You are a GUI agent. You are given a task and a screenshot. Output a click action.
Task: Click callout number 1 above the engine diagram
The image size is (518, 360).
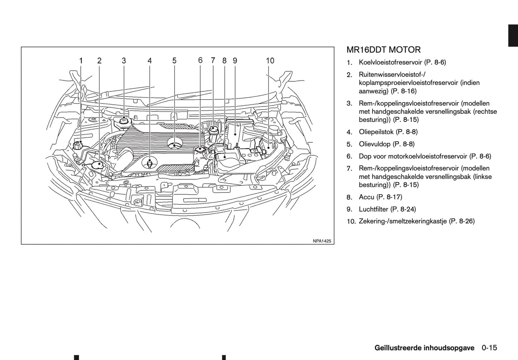(x=81, y=61)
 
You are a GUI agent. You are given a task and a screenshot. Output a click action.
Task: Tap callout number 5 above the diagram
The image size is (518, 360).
(x=174, y=61)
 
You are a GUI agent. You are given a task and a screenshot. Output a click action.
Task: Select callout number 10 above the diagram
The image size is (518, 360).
(x=270, y=61)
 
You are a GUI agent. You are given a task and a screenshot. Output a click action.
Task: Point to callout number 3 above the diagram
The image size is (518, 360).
(x=124, y=61)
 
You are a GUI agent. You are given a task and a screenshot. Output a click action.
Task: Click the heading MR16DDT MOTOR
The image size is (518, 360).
(x=384, y=50)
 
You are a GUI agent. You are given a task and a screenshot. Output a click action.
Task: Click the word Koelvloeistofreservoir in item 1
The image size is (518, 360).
(x=390, y=62)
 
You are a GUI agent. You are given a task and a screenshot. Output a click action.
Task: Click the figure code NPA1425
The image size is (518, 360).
(x=322, y=241)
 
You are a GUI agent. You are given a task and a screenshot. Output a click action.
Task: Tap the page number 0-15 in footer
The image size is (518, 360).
(x=489, y=347)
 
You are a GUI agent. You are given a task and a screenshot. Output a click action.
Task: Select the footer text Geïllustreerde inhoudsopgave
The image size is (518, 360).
(x=424, y=347)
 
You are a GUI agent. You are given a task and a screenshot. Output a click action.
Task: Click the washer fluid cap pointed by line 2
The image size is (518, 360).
(x=97, y=165)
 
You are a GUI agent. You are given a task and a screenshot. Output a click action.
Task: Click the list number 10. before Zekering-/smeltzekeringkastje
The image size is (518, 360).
(x=351, y=222)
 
